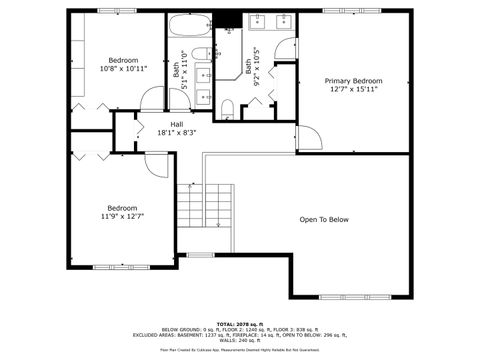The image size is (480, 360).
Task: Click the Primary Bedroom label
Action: [352, 80]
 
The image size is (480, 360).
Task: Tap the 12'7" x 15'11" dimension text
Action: [352, 89]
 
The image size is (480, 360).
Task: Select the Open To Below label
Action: [324, 220]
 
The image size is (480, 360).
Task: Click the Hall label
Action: [176, 124]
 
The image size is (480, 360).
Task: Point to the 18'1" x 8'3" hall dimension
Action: [176, 132]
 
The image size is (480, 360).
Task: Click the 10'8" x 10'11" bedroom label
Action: [124, 69]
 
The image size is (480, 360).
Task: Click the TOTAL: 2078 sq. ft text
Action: [240, 325]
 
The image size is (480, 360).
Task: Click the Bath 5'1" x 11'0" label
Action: [179, 71]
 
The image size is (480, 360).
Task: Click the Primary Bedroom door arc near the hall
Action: [308, 140]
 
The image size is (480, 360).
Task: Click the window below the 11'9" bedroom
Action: [120, 266]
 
